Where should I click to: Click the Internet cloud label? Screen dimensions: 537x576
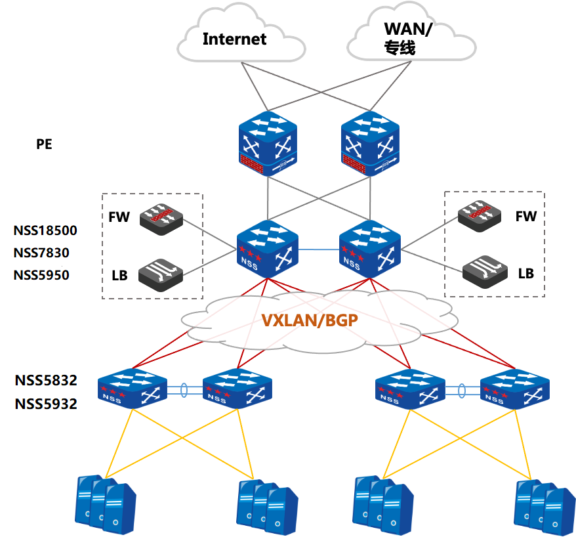pos(234,39)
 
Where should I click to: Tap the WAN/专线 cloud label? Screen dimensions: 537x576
pos(409,38)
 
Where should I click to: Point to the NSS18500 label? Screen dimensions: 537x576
pos(45,230)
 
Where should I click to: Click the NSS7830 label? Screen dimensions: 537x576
pos(41,253)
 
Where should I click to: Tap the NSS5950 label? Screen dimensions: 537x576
pos(41,275)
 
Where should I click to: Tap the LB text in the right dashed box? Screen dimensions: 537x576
pos(526,273)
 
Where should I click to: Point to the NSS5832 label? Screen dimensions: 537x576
pos(46,380)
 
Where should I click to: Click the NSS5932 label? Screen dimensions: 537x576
pos(46,404)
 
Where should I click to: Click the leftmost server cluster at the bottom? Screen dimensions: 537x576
pos(105,502)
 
